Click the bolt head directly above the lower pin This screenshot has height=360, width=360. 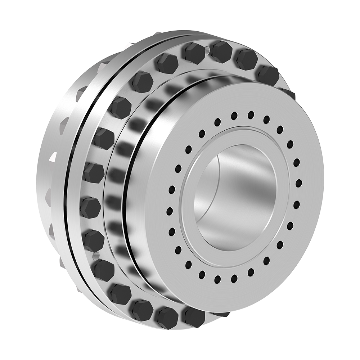94,240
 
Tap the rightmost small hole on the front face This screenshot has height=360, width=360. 298,184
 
